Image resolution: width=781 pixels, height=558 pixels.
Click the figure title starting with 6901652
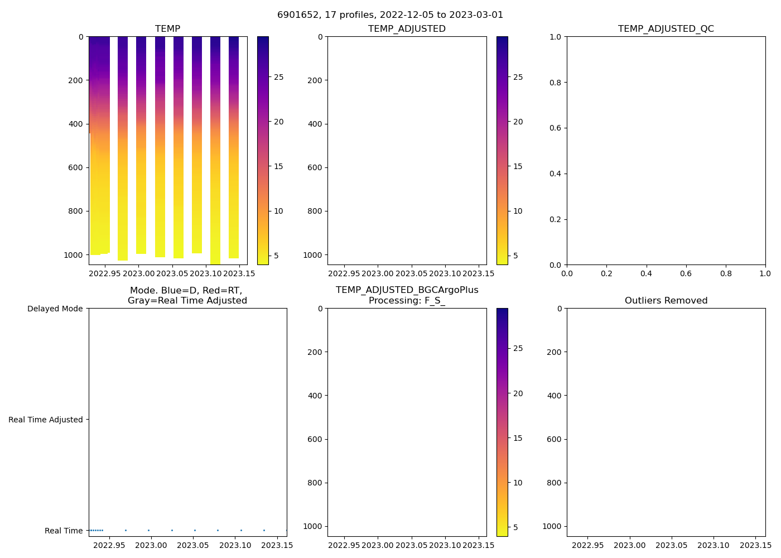click(390, 15)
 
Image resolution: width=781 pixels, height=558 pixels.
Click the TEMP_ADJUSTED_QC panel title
click(666, 29)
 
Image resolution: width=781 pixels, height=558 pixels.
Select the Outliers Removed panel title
click(666, 301)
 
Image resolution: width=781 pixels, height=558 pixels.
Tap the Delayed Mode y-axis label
click(55, 309)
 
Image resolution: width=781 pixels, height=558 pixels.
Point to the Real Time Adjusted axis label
click(45, 420)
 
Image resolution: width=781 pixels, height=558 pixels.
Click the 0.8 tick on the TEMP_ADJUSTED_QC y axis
click(556, 83)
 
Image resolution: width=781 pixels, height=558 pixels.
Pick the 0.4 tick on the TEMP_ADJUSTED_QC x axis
click(646, 273)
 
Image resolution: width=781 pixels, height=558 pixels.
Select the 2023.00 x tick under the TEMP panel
click(138, 273)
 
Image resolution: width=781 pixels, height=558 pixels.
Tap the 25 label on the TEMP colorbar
click(278, 77)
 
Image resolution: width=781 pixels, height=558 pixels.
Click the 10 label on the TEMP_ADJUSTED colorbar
click(518, 211)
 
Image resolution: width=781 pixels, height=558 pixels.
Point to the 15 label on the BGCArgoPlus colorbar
click(518, 438)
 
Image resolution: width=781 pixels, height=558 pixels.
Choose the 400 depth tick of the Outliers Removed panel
click(554, 396)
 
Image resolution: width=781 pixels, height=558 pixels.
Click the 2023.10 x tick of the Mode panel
click(235, 545)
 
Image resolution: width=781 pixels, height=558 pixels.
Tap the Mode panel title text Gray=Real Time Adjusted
click(187, 301)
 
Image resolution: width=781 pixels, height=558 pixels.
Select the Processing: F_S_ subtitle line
click(407, 301)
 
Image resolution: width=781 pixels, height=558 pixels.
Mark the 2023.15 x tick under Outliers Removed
click(755, 545)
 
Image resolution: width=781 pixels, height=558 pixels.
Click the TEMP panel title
click(167, 29)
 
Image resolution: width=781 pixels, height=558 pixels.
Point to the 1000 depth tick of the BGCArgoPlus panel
click(312, 526)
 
